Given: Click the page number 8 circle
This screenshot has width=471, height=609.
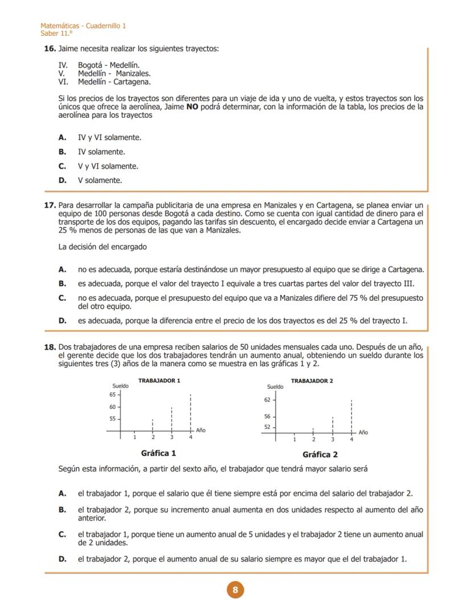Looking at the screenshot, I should tap(235, 590).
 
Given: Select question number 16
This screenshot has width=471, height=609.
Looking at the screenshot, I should tap(49, 49).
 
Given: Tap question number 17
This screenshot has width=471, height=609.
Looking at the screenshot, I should tap(49, 205).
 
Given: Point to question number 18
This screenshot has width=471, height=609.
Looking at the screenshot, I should tap(49, 347).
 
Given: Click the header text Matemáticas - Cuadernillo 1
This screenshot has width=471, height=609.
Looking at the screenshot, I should tap(83, 26).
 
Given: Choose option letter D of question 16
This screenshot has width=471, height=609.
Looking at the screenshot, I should tap(62, 181).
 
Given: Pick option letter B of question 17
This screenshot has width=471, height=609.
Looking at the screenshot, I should tap(62, 284).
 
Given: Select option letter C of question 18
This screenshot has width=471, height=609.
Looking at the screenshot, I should tap(62, 535).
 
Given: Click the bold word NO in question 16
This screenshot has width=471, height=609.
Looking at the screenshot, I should tap(192, 107).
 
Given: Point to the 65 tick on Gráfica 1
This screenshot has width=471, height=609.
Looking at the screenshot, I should tap(112, 394).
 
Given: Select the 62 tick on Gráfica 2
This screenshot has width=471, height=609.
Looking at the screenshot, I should tap(267, 400).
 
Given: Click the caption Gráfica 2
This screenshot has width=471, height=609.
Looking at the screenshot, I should tap(320, 455).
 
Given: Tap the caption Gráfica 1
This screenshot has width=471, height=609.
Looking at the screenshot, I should tap(158, 453).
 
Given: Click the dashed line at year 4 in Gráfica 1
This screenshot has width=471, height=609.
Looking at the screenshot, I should tap(191, 412).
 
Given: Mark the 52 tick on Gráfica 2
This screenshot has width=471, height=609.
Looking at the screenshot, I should tap(267, 426).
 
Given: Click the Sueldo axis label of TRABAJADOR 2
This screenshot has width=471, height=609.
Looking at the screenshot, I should tap(275, 387).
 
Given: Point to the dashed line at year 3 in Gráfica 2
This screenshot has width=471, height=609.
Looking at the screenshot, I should tap(333, 425).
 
